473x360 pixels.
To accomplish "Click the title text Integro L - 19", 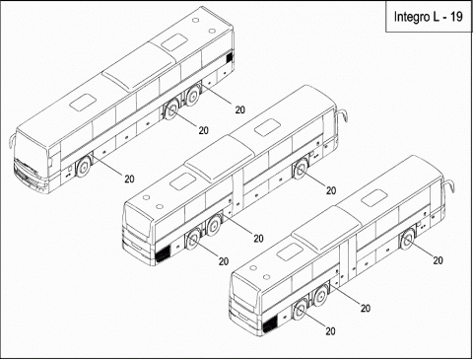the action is point(428,17).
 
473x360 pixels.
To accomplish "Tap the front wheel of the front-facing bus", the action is point(84,167).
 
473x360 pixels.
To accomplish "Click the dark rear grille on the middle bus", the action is point(163,253).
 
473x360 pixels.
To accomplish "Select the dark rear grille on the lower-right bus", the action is point(270,324).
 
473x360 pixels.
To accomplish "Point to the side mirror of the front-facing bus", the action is point(11,141).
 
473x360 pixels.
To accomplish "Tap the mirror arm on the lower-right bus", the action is point(449,185).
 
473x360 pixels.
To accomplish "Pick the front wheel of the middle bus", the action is point(301,170).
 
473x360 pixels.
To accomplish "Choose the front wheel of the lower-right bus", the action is point(408,239).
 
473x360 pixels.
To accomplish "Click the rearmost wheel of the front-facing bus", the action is point(193,93).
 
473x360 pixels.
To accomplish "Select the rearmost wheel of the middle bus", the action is point(192,239).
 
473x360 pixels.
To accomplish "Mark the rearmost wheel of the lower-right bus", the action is point(300,310).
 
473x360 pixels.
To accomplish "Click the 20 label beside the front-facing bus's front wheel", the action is point(129,179).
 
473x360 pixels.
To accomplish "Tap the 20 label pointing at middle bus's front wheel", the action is point(331,190).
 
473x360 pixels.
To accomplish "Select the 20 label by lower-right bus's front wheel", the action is point(438,260).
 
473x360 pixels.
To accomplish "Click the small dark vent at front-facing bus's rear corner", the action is point(229,58).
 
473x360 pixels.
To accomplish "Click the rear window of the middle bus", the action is point(137,226).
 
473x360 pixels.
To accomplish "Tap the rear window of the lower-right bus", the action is point(244,296).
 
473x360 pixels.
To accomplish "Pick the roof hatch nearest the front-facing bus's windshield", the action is point(82,102).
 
